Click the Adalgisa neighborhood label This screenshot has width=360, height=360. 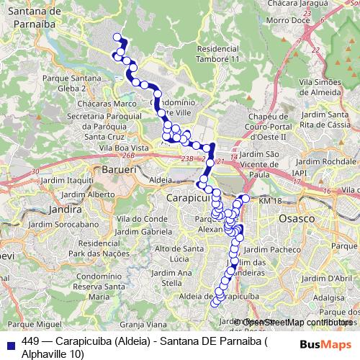tap(330, 295)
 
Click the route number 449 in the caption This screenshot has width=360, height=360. tap(30, 341)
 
